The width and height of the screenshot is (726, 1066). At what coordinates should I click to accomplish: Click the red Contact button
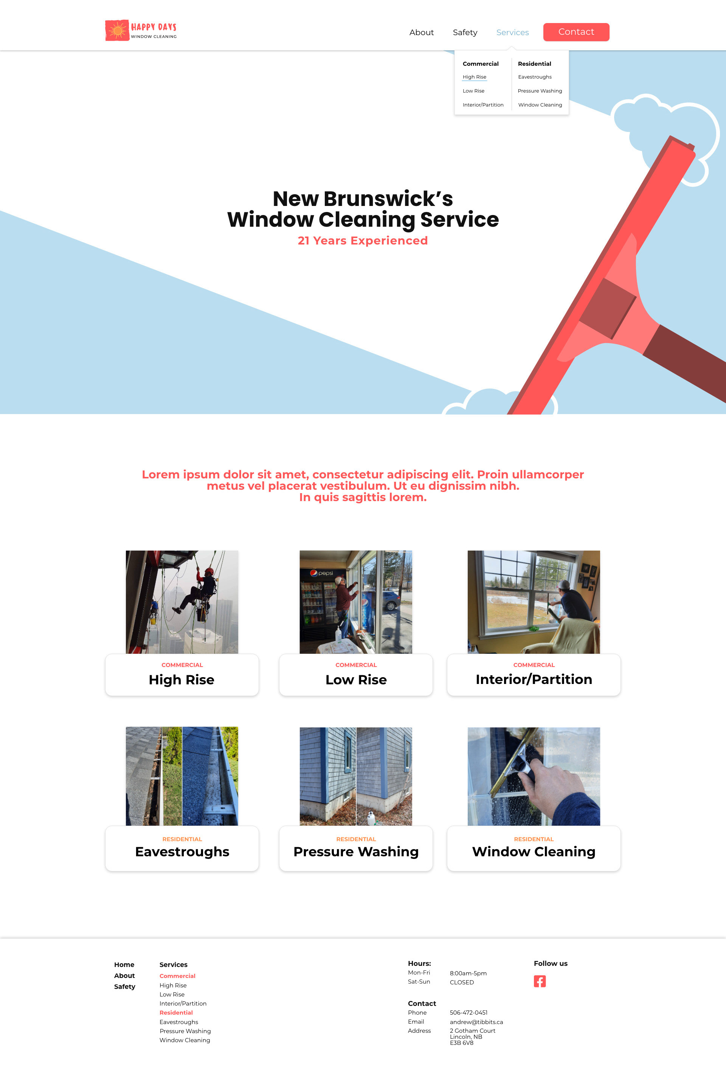(x=576, y=32)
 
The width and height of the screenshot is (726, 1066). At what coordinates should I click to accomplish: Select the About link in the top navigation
(x=421, y=32)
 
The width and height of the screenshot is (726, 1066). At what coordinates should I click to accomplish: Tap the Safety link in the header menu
(x=465, y=32)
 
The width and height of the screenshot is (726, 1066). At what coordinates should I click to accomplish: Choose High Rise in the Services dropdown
(x=474, y=77)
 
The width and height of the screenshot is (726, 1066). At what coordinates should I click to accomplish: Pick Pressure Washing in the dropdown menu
(x=540, y=91)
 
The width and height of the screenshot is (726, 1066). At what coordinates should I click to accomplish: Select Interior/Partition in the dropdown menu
(x=483, y=105)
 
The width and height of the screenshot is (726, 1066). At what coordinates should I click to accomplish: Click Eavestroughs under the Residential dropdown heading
(x=535, y=77)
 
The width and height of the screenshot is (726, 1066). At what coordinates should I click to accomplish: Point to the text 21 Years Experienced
(x=363, y=241)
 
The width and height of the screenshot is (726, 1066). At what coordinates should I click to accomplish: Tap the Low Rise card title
(x=356, y=680)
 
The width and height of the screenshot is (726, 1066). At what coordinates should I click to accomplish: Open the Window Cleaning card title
(x=533, y=852)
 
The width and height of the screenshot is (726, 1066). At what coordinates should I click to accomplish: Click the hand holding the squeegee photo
(x=533, y=776)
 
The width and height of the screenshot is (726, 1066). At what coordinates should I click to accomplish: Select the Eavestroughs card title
(x=182, y=852)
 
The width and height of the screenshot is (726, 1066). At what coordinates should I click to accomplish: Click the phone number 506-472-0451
(x=468, y=1012)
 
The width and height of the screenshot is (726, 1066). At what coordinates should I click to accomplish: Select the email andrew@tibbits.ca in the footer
(x=476, y=1022)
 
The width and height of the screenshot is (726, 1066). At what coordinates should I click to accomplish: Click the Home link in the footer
(x=124, y=965)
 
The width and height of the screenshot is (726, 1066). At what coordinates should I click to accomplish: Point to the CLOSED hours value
(x=461, y=982)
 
